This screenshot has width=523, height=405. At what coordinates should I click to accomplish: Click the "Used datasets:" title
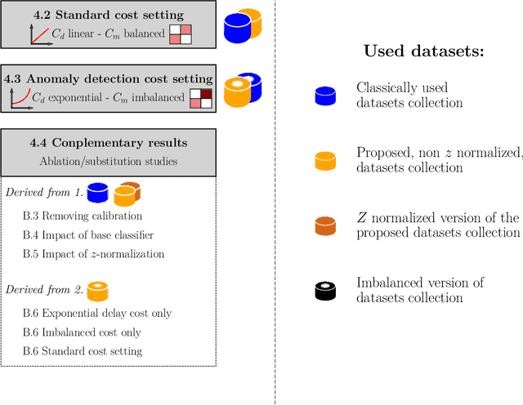(424, 51)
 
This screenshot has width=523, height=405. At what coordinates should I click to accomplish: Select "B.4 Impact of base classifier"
(87, 235)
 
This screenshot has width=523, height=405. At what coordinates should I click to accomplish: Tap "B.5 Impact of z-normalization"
(93, 254)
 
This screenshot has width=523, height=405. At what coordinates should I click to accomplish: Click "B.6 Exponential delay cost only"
(97, 314)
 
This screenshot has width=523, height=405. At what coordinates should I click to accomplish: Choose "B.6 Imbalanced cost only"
(82, 332)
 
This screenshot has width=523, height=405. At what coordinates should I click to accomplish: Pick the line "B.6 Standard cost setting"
(83, 351)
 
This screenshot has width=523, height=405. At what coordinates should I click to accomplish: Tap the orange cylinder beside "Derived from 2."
(98, 291)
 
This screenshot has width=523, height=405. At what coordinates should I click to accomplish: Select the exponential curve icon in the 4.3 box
(18, 98)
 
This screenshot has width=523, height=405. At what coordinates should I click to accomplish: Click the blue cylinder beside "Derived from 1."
(98, 193)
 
